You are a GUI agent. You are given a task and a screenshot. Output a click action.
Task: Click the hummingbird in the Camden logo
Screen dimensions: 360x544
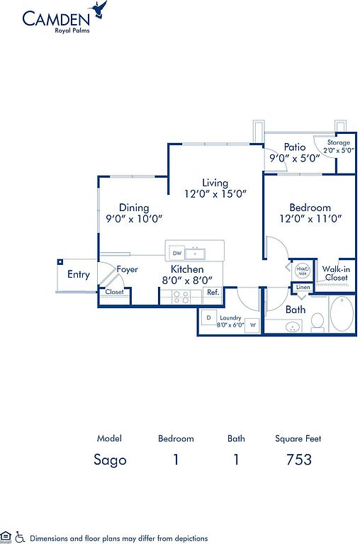pyautogui.click(x=99, y=9)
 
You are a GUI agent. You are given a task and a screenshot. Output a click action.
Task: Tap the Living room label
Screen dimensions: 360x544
pyautogui.click(x=215, y=183)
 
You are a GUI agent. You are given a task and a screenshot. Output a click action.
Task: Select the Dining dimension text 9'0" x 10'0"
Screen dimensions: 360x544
pyautogui.click(x=135, y=219)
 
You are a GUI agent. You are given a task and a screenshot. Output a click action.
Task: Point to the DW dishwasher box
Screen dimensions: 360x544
pyautogui.click(x=176, y=253)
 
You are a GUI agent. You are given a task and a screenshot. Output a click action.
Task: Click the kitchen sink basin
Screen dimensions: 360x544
pyautogui.click(x=195, y=254)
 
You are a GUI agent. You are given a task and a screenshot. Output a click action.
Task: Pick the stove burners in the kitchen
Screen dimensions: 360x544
pyautogui.click(x=181, y=297)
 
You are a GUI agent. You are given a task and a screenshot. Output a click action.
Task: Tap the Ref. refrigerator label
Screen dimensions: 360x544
pyautogui.click(x=213, y=293)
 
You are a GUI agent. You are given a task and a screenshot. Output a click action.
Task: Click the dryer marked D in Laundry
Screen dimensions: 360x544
pyautogui.click(x=208, y=317)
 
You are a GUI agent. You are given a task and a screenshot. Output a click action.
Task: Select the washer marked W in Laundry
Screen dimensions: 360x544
pyautogui.click(x=253, y=325)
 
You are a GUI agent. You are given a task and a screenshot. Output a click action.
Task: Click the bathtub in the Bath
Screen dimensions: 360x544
pyautogui.click(x=342, y=313)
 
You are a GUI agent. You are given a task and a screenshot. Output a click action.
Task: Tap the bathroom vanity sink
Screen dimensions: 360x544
pyautogui.click(x=293, y=327)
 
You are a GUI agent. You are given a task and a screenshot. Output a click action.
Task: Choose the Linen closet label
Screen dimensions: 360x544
pyautogui.click(x=303, y=288)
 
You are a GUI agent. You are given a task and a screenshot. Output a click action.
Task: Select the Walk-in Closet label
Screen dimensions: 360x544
pyautogui.click(x=336, y=273)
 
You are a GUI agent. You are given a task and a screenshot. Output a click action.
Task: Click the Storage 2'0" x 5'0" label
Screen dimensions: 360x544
pyautogui.click(x=339, y=147)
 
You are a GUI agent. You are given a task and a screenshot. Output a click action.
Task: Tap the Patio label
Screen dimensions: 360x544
pyautogui.click(x=295, y=147)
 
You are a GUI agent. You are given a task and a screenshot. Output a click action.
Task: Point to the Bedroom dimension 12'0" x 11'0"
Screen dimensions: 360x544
pyautogui.click(x=310, y=219)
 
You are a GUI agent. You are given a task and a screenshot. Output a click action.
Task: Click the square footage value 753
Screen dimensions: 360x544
pyautogui.click(x=299, y=460)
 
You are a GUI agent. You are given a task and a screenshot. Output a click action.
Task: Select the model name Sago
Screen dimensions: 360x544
pyautogui.click(x=110, y=460)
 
